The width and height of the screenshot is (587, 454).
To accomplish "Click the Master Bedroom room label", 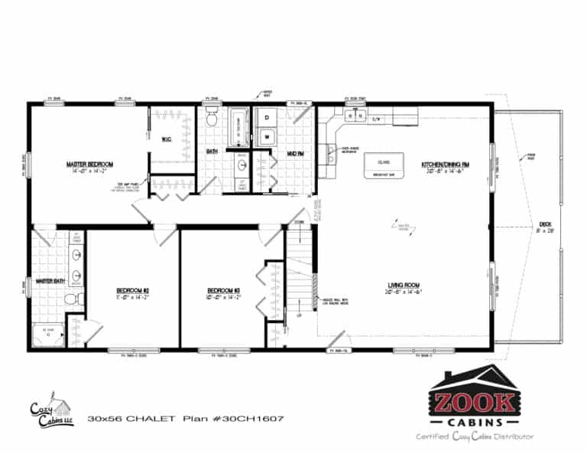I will point(89,165).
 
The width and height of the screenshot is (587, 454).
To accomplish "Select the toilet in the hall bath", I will point(213,120).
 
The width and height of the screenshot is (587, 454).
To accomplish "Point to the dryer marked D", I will point(268,118).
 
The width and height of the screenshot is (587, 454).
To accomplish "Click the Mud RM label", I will point(296,153).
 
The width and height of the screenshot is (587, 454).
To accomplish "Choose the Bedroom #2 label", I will point(132,290).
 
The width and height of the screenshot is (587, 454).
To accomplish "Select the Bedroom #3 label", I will point(224,290).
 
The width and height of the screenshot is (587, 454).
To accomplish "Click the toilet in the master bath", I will point(70,299).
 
